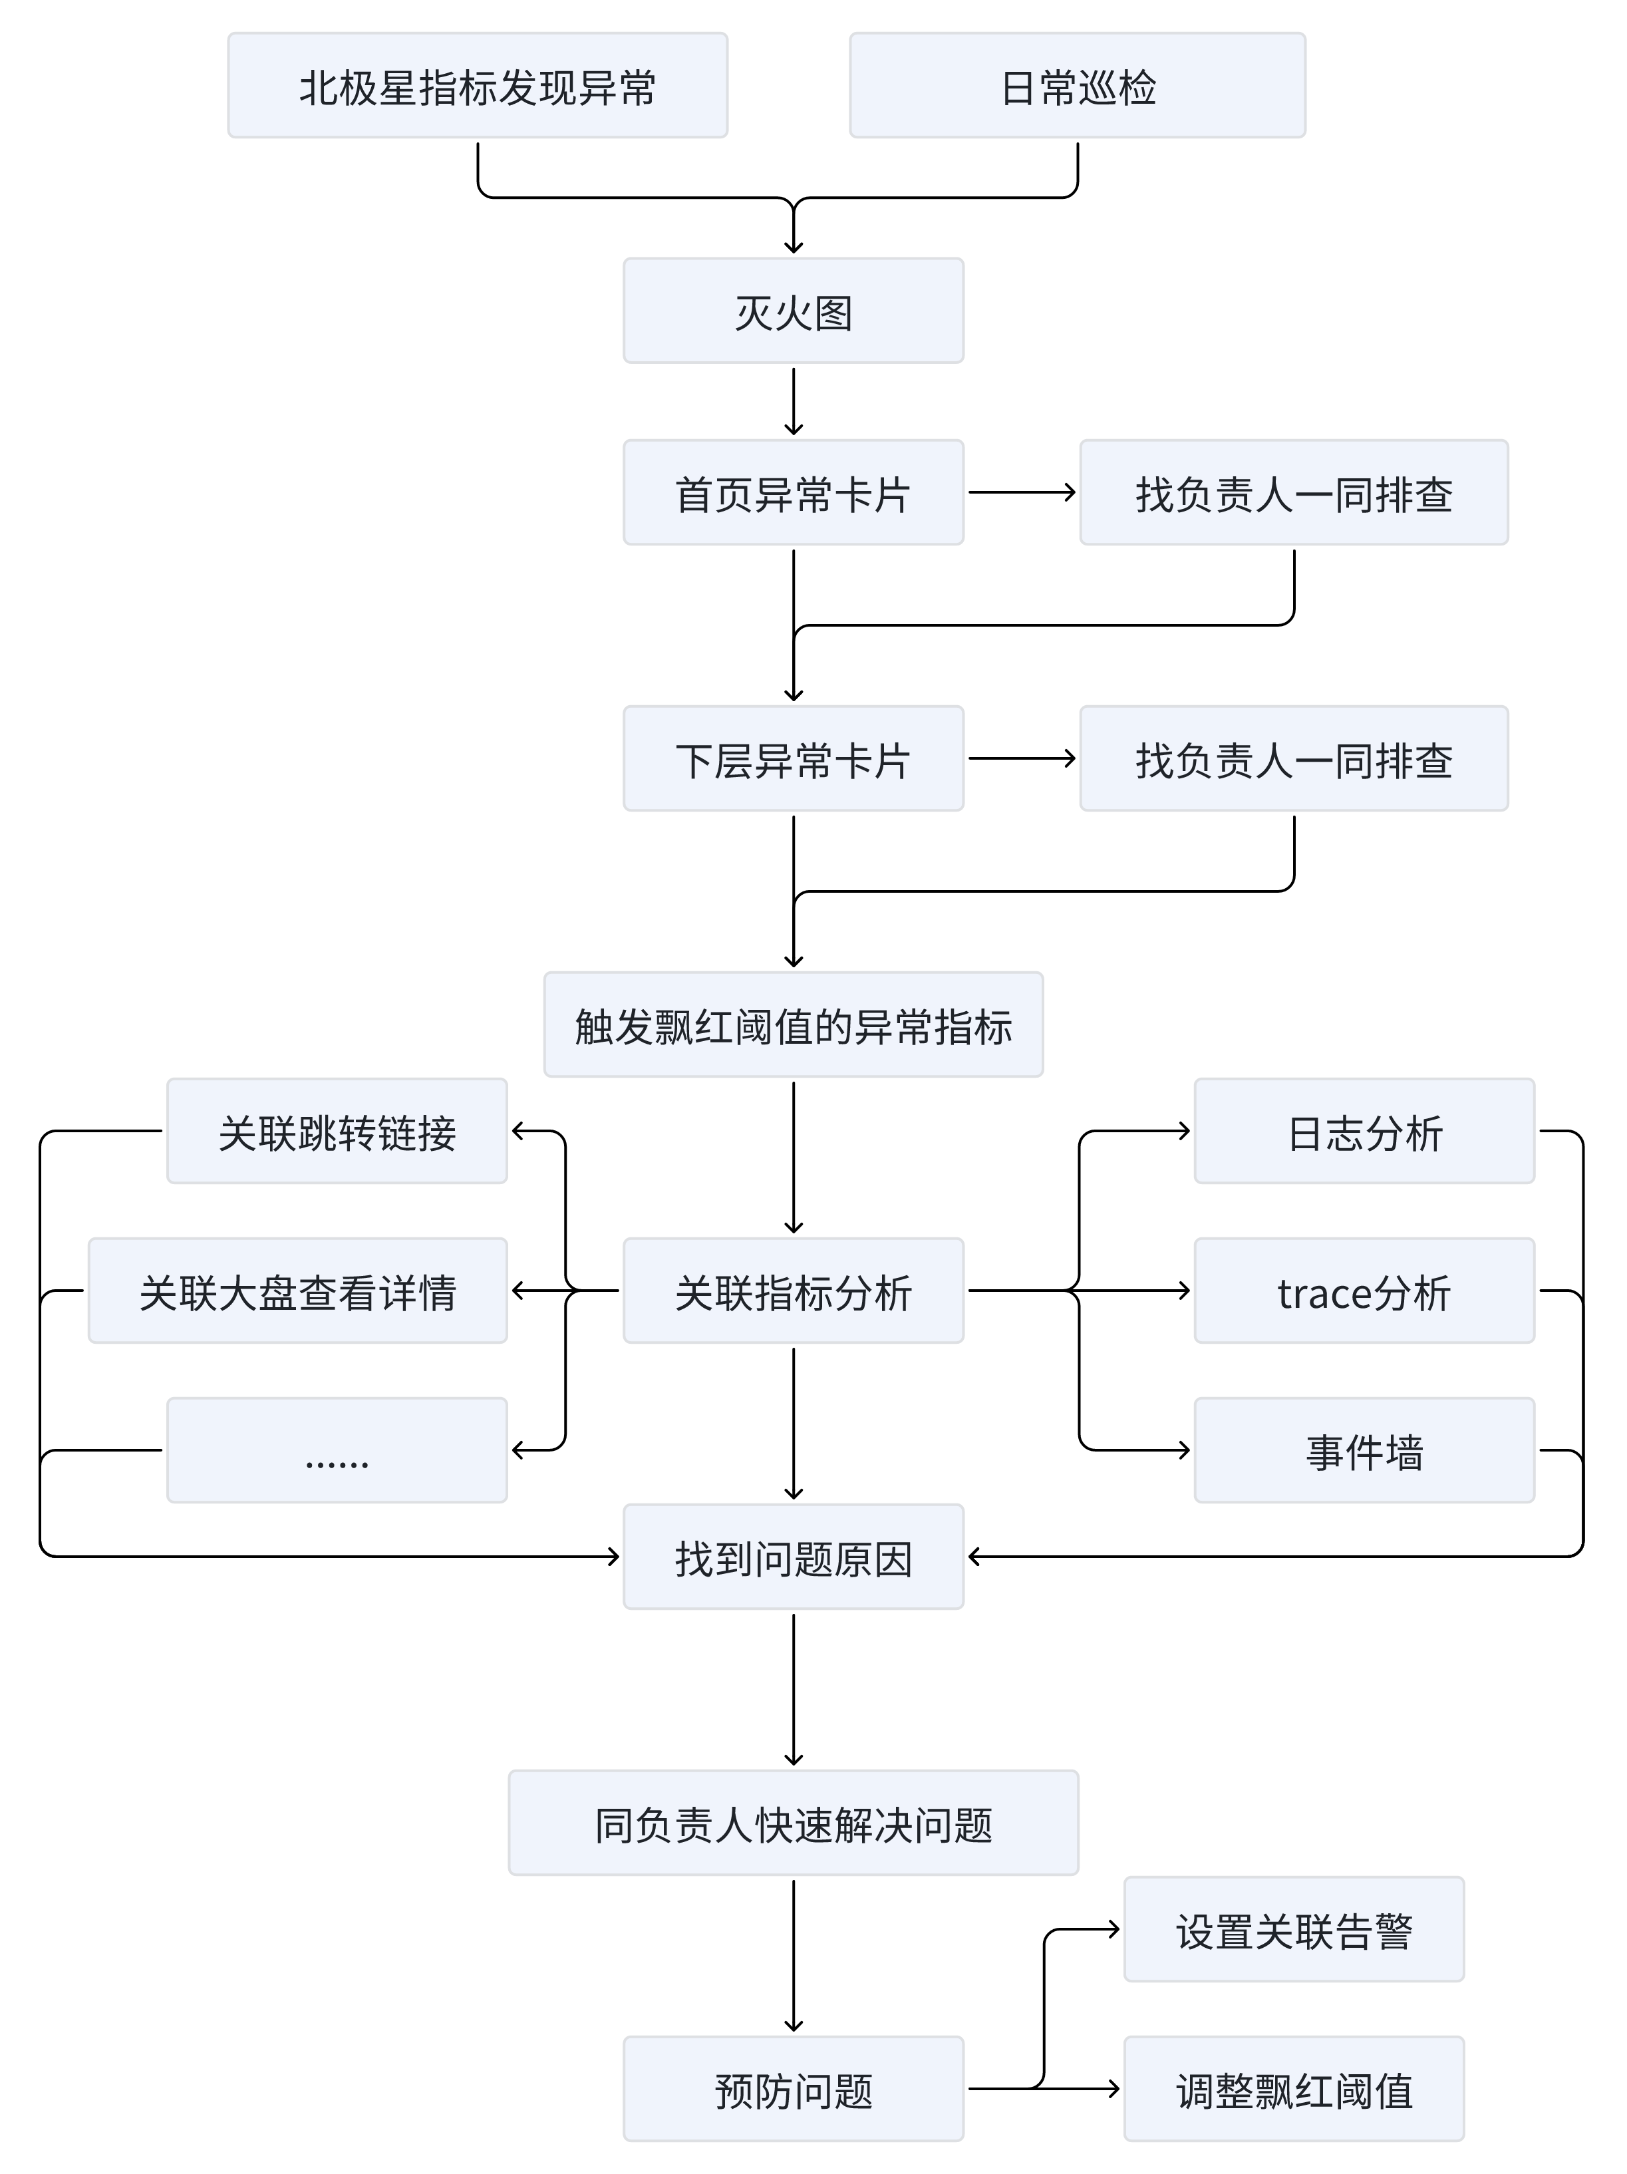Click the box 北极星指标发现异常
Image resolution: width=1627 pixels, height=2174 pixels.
pyautogui.click(x=478, y=86)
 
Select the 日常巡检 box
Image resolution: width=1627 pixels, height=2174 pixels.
pyautogui.click(x=1077, y=86)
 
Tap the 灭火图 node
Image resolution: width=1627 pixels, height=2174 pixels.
pyautogui.click(x=793, y=311)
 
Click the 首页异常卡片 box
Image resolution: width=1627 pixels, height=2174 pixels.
pyautogui.click(x=793, y=492)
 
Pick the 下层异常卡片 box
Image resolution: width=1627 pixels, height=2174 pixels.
pyautogui.click(x=793, y=759)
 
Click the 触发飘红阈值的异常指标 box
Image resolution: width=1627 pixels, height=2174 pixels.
pyautogui.click(x=793, y=1025)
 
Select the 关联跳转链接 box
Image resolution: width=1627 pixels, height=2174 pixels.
pyautogui.click(x=337, y=1131)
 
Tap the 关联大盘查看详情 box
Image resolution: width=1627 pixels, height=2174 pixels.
pyautogui.click(x=298, y=1291)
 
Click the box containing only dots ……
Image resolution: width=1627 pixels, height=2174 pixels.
pyautogui.click(x=337, y=1451)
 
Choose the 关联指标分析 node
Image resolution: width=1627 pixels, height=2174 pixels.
pyautogui.click(x=793, y=1291)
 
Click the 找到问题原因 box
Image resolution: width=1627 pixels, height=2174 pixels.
pyautogui.click(x=793, y=1557)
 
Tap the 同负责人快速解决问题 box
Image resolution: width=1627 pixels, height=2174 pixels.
pyautogui.click(x=793, y=1823)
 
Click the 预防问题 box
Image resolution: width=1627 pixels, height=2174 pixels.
pyautogui.click(x=793, y=2090)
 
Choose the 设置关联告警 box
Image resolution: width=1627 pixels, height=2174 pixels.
pyautogui.click(x=1294, y=1929)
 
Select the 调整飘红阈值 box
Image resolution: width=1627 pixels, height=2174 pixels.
pyautogui.click(x=1294, y=2090)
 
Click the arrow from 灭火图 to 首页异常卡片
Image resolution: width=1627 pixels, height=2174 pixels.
pyautogui.click(x=793, y=401)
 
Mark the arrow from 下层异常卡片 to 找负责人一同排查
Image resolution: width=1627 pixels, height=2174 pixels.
pyautogui.click(x=1022, y=759)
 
